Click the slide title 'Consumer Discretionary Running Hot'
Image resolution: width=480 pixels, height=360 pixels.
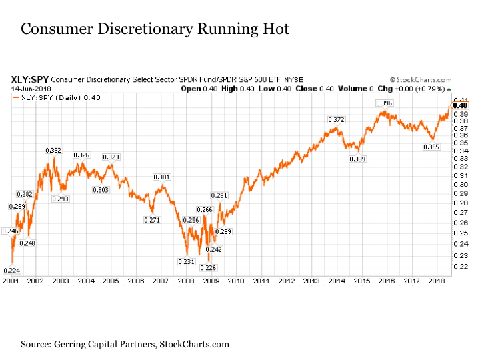tap(155, 30)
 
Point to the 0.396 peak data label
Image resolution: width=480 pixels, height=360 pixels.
tap(383, 103)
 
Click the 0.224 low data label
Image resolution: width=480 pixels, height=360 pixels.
tap(12, 270)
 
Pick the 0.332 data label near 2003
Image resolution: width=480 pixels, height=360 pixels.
tap(53, 151)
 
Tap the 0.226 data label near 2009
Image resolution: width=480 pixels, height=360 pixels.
tap(209, 267)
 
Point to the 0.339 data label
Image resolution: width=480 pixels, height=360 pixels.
tap(357, 159)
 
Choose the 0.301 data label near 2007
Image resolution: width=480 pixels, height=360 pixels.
tap(161, 177)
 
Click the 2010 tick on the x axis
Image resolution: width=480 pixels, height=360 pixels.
tap(236, 281)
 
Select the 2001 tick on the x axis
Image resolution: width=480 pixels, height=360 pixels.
tap(11, 281)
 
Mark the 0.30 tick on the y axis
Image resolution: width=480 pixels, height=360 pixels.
tap(460, 184)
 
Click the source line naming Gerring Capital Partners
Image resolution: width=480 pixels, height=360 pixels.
tap(125, 344)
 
